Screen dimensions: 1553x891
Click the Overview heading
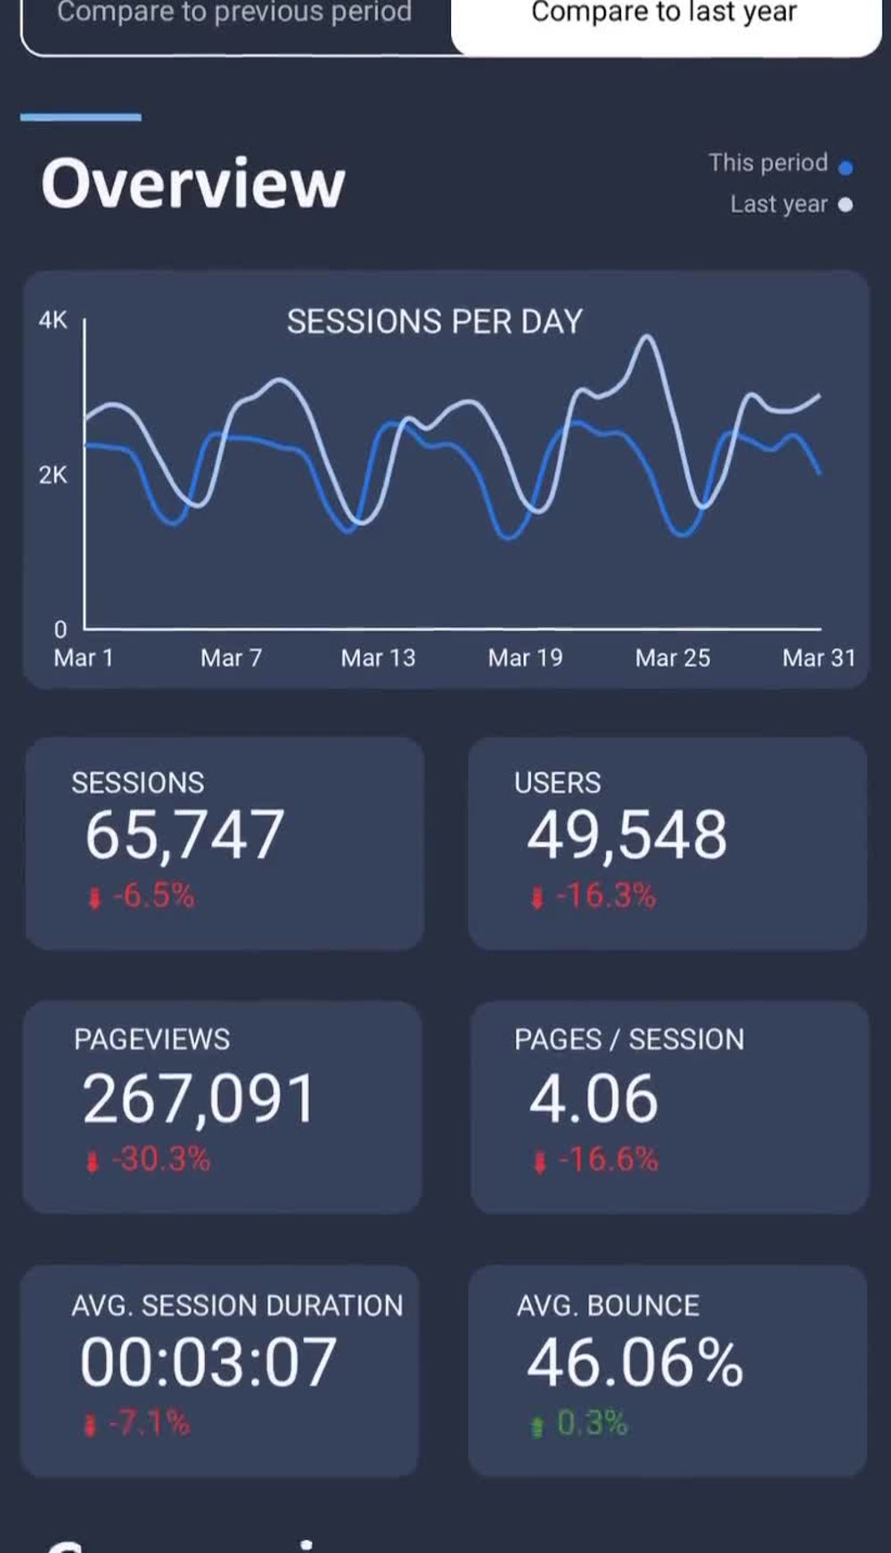(x=192, y=184)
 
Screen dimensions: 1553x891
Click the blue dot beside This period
(x=846, y=167)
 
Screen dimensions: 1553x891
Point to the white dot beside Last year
(x=846, y=205)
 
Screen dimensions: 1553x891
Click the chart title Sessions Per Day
(x=434, y=322)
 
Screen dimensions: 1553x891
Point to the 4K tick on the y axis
(x=53, y=320)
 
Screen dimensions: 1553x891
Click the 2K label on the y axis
(x=53, y=475)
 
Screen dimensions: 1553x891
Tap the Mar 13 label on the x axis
(x=378, y=658)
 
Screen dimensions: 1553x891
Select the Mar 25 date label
(x=673, y=658)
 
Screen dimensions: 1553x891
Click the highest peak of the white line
(x=647, y=337)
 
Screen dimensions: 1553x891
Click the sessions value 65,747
(x=184, y=835)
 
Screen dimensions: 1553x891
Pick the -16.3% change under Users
(x=606, y=895)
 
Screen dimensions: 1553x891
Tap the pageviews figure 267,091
(x=199, y=1098)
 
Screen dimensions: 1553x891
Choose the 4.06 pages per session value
(x=593, y=1098)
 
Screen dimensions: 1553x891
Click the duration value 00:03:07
(x=208, y=1362)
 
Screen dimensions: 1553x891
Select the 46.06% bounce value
(x=634, y=1362)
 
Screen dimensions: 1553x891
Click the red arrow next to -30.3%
(x=92, y=1161)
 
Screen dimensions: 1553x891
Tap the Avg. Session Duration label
(x=237, y=1305)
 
